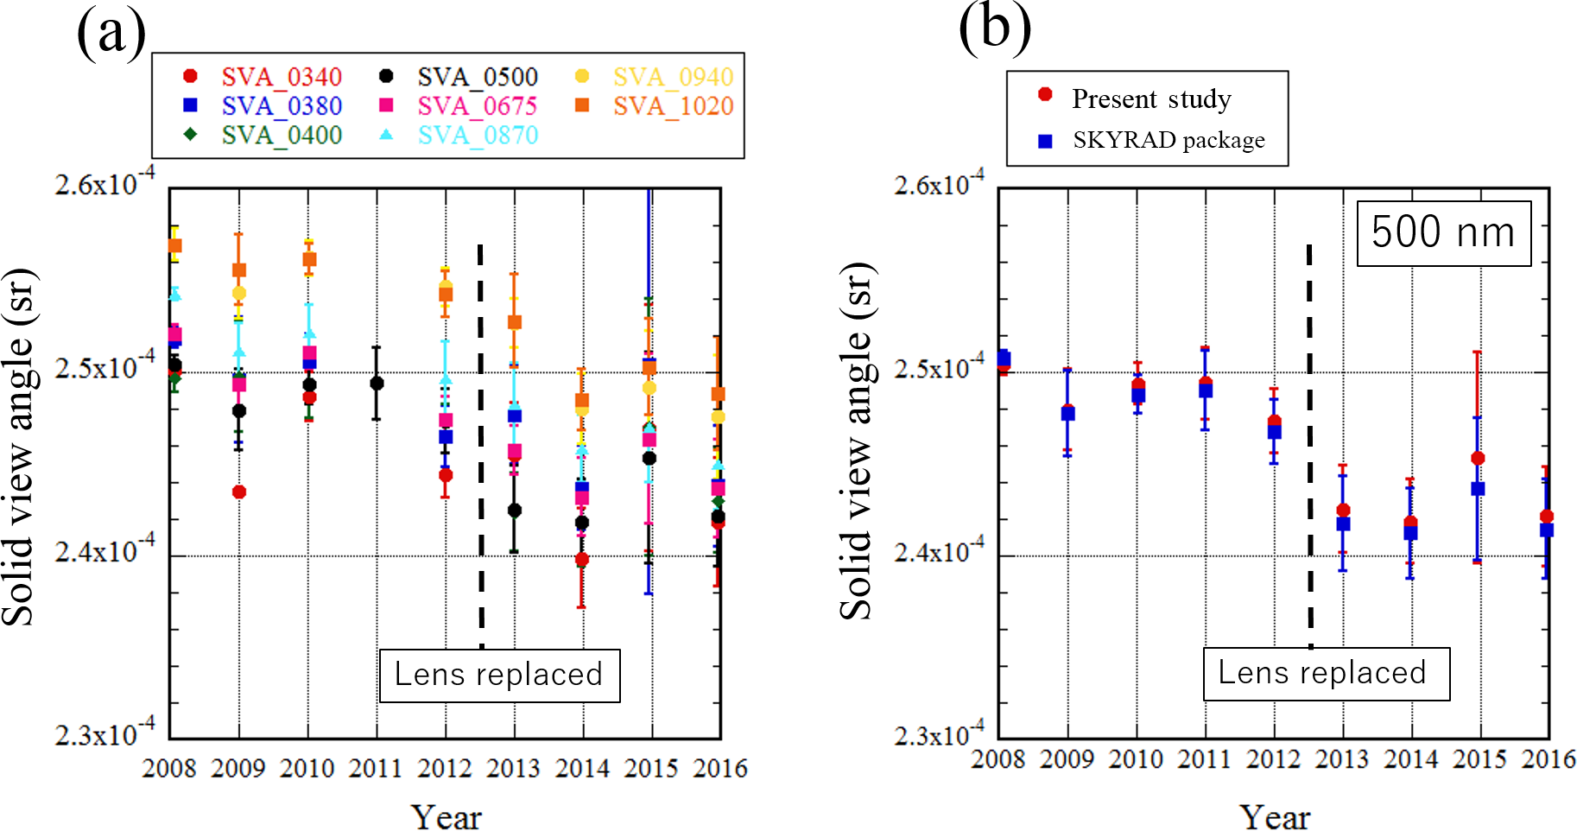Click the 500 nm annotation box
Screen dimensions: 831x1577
(x=1443, y=232)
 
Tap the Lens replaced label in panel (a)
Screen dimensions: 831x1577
(x=499, y=675)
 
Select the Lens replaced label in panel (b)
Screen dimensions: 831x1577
(x=1325, y=673)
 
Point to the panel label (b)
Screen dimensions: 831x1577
(x=995, y=28)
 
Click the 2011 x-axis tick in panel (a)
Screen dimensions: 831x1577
(x=376, y=768)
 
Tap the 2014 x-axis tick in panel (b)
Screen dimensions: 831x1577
(x=1411, y=759)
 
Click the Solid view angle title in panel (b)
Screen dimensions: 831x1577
(x=857, y=441)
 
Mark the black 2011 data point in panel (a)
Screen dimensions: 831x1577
(x=377, y=383)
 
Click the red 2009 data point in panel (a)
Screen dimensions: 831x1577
(x=239, y=492)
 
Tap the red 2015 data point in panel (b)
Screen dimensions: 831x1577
(x=1478, y=458)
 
